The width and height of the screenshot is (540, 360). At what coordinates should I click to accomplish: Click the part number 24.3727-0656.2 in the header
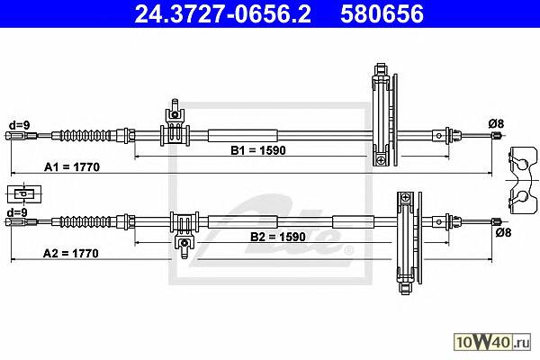pyautogui.click(x=222, y=14)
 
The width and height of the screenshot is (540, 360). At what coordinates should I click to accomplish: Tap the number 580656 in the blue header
pyautogui.click(x=382, y=14)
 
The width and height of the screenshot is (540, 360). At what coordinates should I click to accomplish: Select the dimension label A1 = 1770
pyautogui.click(x=72, y=167)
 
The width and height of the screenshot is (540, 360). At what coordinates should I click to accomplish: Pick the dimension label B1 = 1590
pyautogui.click(x=258, y=150)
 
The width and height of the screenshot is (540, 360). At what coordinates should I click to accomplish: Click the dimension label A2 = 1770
pyautogui.click(x=71, y=254)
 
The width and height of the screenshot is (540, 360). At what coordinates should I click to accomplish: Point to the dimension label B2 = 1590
pyautogui.click(x=278, y=237)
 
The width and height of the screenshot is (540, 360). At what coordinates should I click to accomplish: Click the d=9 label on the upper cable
pyautogui.click(x=19, y=125)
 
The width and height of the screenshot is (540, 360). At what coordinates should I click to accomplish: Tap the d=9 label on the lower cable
pyautogui.click(x=17, y=212)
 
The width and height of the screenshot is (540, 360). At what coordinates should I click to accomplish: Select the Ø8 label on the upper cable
pyautogui.click(x=496, y=123)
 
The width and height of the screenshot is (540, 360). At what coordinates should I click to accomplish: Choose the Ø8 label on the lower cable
pyautogui.click(x=504, y=233)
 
